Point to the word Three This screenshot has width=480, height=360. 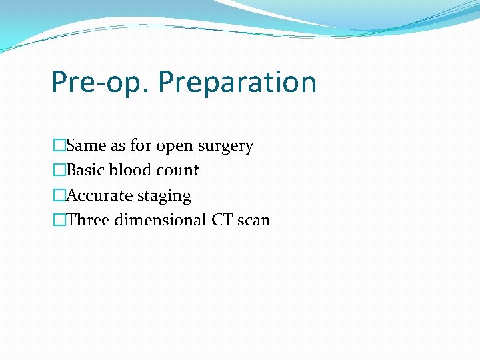pos(88,220)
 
